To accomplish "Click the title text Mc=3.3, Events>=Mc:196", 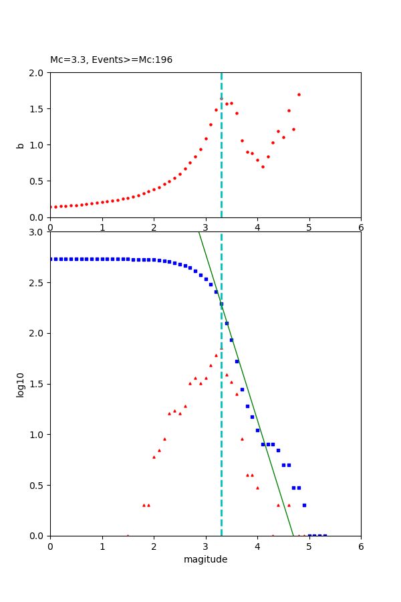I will point(111,60).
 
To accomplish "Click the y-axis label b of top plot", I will point(20,144).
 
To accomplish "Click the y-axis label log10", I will point(20,384).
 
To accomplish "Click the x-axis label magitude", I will point(205,559).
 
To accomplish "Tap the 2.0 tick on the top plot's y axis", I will point(38,72).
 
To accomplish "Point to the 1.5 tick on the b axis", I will point(38,108).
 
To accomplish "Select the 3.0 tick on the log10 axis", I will point(38,232).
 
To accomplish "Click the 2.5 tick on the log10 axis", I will point(38,283).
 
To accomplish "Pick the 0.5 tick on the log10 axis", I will point(38,485).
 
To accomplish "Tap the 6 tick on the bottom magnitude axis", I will point(361,546).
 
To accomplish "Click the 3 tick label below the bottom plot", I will point(205,546).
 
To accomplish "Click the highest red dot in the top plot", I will point(299,94).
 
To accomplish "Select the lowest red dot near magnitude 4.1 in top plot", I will point(263,167).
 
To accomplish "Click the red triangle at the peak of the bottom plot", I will point(221,348).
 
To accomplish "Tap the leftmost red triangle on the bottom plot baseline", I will point(128,535).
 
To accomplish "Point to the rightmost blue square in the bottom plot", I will point(325,535).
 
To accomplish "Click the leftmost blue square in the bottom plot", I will point(51,259).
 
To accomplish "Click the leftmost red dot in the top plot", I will point(51,207).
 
